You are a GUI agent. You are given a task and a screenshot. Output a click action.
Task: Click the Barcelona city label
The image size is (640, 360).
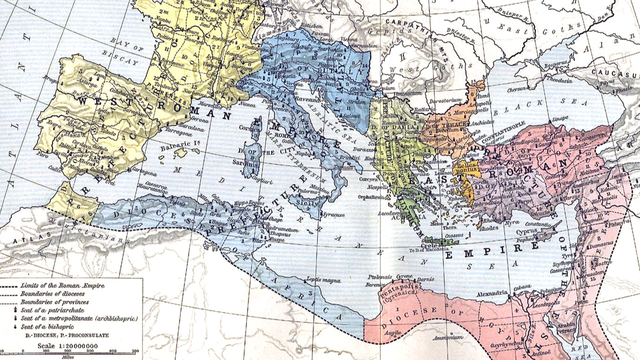[x=191, y=128]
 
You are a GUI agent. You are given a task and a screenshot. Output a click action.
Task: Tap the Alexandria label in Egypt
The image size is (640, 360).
[x=492, y=294]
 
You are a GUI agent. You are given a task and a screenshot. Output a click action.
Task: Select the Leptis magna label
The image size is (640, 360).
[x=323, y=280]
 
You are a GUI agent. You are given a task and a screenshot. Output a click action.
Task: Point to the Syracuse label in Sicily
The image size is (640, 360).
[x=334, y=215]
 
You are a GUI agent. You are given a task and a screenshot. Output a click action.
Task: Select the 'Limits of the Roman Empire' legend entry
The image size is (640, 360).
[x=62, y=286]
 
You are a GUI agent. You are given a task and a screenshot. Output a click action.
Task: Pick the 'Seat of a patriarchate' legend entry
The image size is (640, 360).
[x=52, y=310]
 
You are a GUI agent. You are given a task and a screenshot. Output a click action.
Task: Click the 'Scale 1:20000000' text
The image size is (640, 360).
[x=67, y=346]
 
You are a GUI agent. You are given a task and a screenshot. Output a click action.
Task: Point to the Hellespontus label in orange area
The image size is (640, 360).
[x=467, y=168]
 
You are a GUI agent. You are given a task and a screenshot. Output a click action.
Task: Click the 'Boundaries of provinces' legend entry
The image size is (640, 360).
[x=55, y=302]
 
